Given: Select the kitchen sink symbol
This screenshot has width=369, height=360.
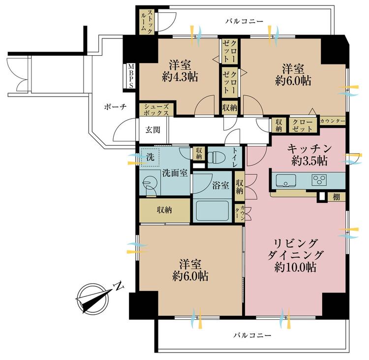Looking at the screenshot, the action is (x=286, y=181).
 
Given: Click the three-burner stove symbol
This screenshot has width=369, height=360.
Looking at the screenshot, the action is (x=319, y=180).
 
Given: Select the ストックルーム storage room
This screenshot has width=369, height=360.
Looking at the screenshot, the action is (x=147, y=22).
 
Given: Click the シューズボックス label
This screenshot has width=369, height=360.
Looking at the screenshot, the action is (x=156, y=109).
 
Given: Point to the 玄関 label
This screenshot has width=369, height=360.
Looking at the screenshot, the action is (x=153, y=130).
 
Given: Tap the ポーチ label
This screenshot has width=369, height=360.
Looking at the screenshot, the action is (x=115, y=107).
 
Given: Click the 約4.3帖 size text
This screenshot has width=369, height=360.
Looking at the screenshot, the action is (x=180, y=77).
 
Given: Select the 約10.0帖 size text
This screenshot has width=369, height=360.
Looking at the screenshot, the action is (x=295, y=267).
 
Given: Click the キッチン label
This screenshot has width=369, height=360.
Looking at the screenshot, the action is (x=309, y=148).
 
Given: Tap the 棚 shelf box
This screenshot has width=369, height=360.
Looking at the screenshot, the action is (x=337, y=197).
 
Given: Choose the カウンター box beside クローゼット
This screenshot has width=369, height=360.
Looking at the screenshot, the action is (x=333, y=121).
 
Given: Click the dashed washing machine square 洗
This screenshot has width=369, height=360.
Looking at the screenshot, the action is (x=151, y=158).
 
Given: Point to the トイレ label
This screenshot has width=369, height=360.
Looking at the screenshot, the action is (x=235, y=158).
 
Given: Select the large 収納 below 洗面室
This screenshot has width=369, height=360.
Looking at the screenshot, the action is (x=164, y=210).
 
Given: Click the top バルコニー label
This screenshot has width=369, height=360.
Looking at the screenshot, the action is (x=244, y=22).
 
